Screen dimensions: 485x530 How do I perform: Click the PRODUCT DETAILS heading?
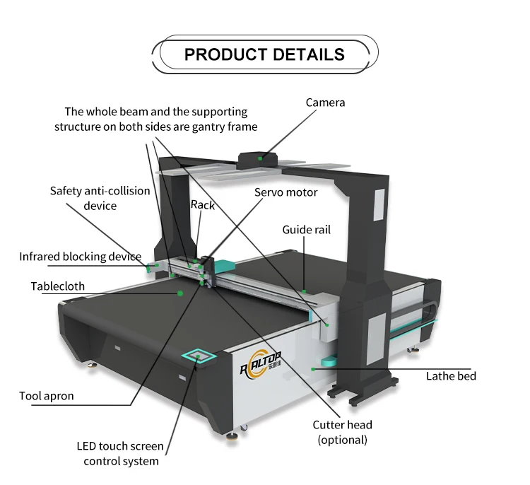(x=264, y=54)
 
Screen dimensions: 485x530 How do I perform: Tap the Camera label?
(x=325, y=103)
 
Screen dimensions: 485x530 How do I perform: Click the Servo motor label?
(x=286, y=192)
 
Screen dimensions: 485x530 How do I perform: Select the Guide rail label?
(x=306, y=230)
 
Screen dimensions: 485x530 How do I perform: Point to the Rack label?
(x=202, y=205)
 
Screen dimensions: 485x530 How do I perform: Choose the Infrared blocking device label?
(x=80, y=257)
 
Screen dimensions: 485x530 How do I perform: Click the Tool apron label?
(x=47, y=396)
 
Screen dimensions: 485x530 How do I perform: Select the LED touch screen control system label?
(x=120, y=454)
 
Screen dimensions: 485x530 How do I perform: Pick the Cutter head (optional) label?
(x=343, y=432)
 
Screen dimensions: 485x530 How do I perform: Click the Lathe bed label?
(x=451, y=376)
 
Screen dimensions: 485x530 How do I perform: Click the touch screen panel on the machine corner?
(x=199, y=354)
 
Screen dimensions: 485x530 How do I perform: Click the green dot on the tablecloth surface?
(x=181, y=291)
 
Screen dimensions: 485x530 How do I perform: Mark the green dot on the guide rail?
(x=304, y=291)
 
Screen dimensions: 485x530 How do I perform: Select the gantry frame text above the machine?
(x=156, y=119)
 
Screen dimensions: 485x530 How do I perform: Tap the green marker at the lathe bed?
(x=313, y=368)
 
